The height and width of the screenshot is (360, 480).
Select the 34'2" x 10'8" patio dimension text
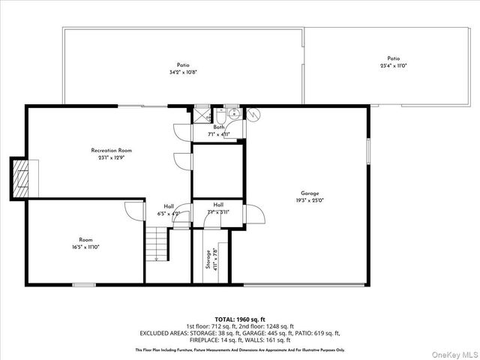183,73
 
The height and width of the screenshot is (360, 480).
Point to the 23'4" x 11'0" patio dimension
393,66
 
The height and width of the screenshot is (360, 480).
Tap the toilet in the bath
223,115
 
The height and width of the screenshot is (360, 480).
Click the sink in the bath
235,114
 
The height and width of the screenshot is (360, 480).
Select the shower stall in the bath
200,115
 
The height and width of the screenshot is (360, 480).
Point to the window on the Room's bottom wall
83,284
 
